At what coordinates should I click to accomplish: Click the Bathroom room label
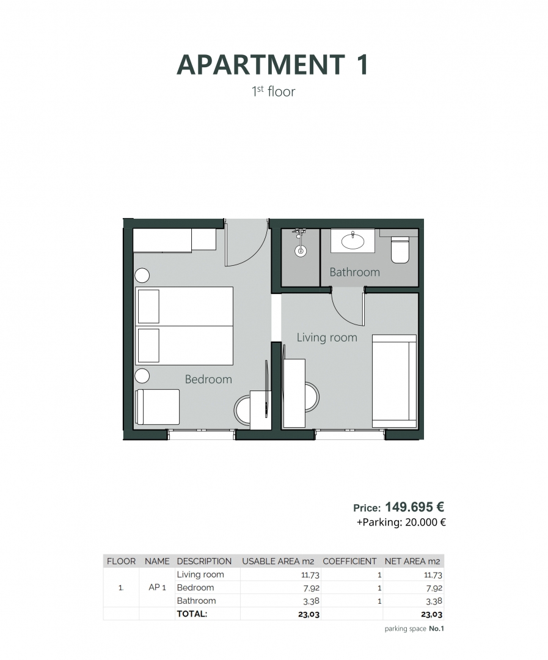tap(354, 272)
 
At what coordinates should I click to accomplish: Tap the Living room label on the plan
tap(327, 337)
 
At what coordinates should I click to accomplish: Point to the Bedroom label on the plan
tap(208, 379)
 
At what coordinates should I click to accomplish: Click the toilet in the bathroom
tap(400, 249)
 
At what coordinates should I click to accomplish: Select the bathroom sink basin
tap(353, 242)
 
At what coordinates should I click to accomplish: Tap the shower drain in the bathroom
tap(300, 251)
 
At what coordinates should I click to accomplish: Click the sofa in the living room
tap(394, 380)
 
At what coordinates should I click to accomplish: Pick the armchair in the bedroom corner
tap(158, 406)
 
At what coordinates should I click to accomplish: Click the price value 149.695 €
tap(414, 507)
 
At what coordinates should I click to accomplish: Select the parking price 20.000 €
tap(423, 522)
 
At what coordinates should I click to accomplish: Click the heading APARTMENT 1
tap(272, 65)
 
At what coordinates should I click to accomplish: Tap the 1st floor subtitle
tap(273, 92)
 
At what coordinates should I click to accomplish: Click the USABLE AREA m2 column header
tap(278, 561)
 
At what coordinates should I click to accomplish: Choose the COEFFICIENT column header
tap(349, 561)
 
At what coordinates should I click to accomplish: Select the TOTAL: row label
tap(192, 614)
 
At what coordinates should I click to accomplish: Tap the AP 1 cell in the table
tap(158, 587)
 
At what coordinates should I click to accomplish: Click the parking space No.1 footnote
tap(414, 629)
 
